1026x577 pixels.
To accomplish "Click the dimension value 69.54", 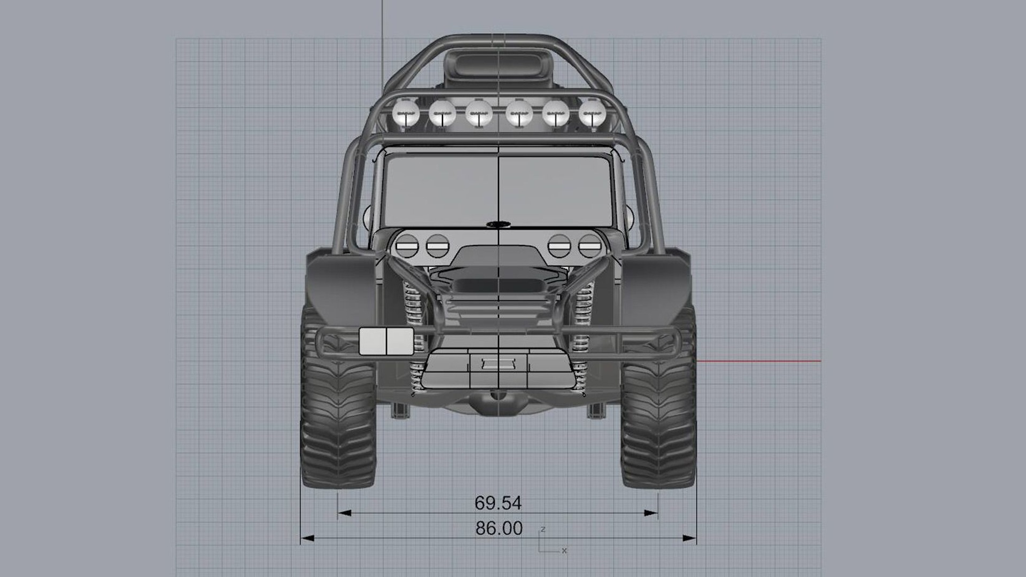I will point(498,503).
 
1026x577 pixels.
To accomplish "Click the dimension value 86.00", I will point(499,528).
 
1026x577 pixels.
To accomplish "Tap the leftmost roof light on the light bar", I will point(406,113).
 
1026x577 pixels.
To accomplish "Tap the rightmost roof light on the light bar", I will point(592,113).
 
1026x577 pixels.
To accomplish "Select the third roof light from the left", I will point(479,113).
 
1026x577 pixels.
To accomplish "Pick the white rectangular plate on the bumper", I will point(386,341).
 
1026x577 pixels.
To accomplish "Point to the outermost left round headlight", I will point(407,246).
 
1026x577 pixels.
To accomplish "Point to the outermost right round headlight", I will point(590,246).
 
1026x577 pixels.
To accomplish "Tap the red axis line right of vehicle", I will point(759,361).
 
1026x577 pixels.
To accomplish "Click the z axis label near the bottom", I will point(543,529).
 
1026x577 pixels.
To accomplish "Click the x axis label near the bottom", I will point(564,550).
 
